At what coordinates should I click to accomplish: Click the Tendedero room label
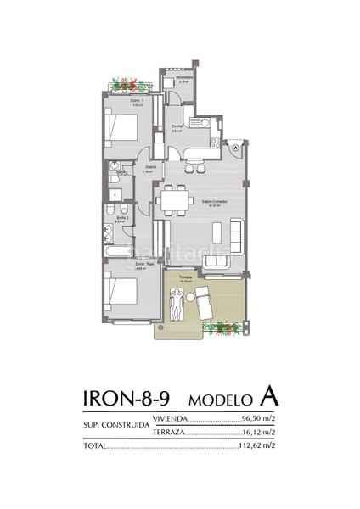[184, 78]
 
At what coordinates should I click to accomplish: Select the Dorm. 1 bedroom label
[136, 102]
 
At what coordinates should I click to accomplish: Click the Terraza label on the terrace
[186, 277]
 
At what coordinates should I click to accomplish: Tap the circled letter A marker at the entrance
[235, 147]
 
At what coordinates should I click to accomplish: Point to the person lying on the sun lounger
[176, 304]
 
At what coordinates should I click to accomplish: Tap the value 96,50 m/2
[258, 419]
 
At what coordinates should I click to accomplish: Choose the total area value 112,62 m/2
[257, 445]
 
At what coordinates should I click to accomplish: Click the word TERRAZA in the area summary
[167, 432]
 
